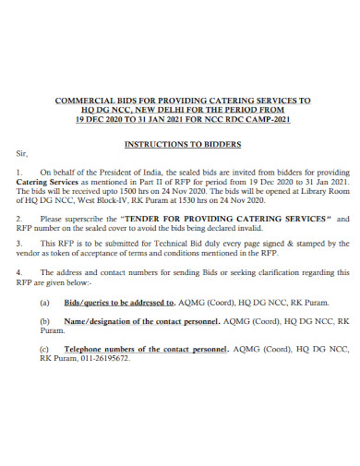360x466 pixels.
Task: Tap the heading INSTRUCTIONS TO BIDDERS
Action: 183,145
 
